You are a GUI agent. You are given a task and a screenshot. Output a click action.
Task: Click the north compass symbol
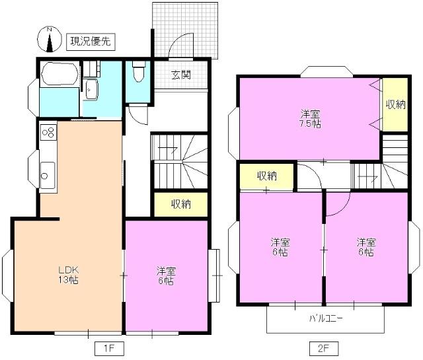(x=50, y=40)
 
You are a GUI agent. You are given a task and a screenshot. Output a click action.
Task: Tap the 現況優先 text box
(x=91, y=42)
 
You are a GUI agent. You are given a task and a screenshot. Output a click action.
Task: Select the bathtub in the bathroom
(x=59, y=73)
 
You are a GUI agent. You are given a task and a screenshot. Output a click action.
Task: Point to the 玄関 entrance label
(x=181, y=75)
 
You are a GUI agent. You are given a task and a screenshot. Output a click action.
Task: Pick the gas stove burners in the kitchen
(x=48, y=132)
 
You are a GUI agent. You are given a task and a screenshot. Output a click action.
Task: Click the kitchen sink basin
(x=46, y=175)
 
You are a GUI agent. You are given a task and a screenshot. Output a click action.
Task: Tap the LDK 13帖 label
(x=68, y=275)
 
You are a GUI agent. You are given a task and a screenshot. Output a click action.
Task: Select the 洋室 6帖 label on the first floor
(x=165, y=275)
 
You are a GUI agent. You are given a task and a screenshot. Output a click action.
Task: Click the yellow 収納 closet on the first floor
(x=180, y=204)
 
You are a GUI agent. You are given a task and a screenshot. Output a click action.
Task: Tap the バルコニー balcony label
(x=326, y=319)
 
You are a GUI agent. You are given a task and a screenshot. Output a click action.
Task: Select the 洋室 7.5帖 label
(x=308, y=118)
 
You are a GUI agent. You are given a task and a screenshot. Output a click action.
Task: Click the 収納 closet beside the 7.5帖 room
(x=395, y=104)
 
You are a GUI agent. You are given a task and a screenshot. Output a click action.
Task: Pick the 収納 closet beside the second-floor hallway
(x=266, y=176)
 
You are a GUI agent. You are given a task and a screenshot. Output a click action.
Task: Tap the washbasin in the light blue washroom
(x=92, y=89)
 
